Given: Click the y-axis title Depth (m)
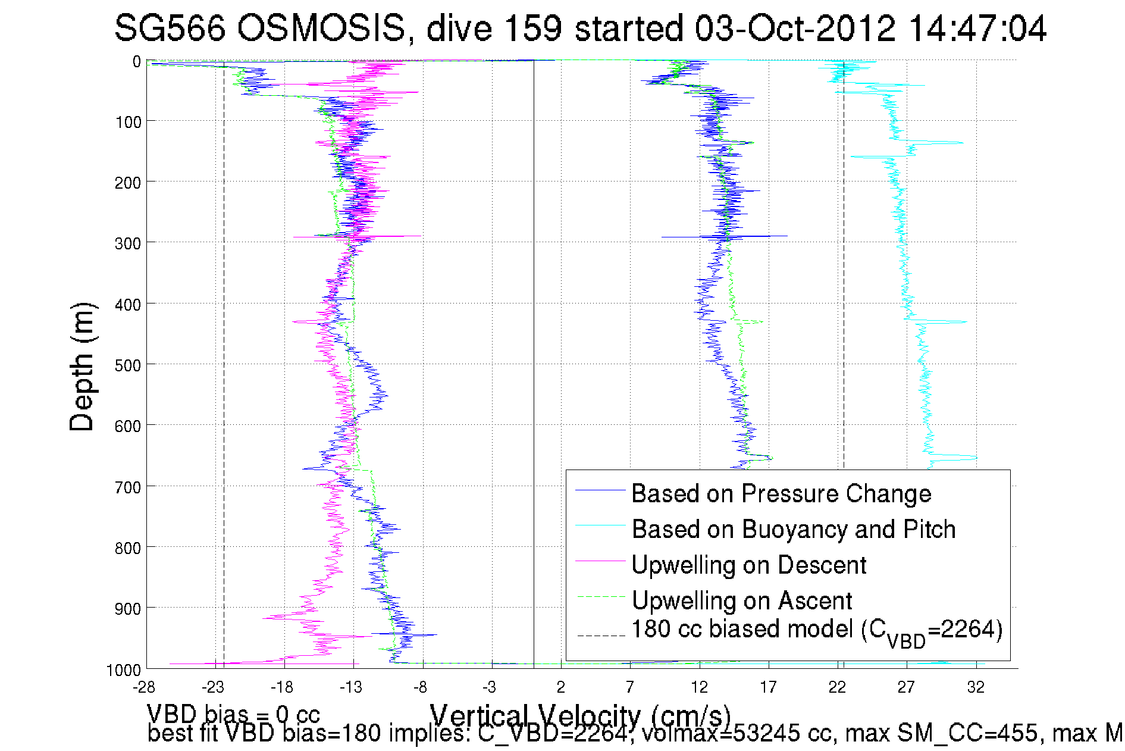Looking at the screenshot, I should (82, 367).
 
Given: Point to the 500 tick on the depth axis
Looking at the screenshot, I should (128, 365).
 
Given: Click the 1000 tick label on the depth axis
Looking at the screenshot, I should (124, 670).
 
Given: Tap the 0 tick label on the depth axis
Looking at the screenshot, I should (137, 61).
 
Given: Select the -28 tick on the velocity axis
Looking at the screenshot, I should (144, 687).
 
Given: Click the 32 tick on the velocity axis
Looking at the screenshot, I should (976, 687).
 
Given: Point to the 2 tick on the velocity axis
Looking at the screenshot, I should (561, 687).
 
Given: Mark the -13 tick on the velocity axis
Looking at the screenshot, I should (351, 687).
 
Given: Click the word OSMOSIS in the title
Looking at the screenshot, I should (321, 28).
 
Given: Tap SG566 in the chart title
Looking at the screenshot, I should (170, 28).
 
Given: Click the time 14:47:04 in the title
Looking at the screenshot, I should (977, 28).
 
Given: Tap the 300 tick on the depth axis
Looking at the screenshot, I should (128, 243).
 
